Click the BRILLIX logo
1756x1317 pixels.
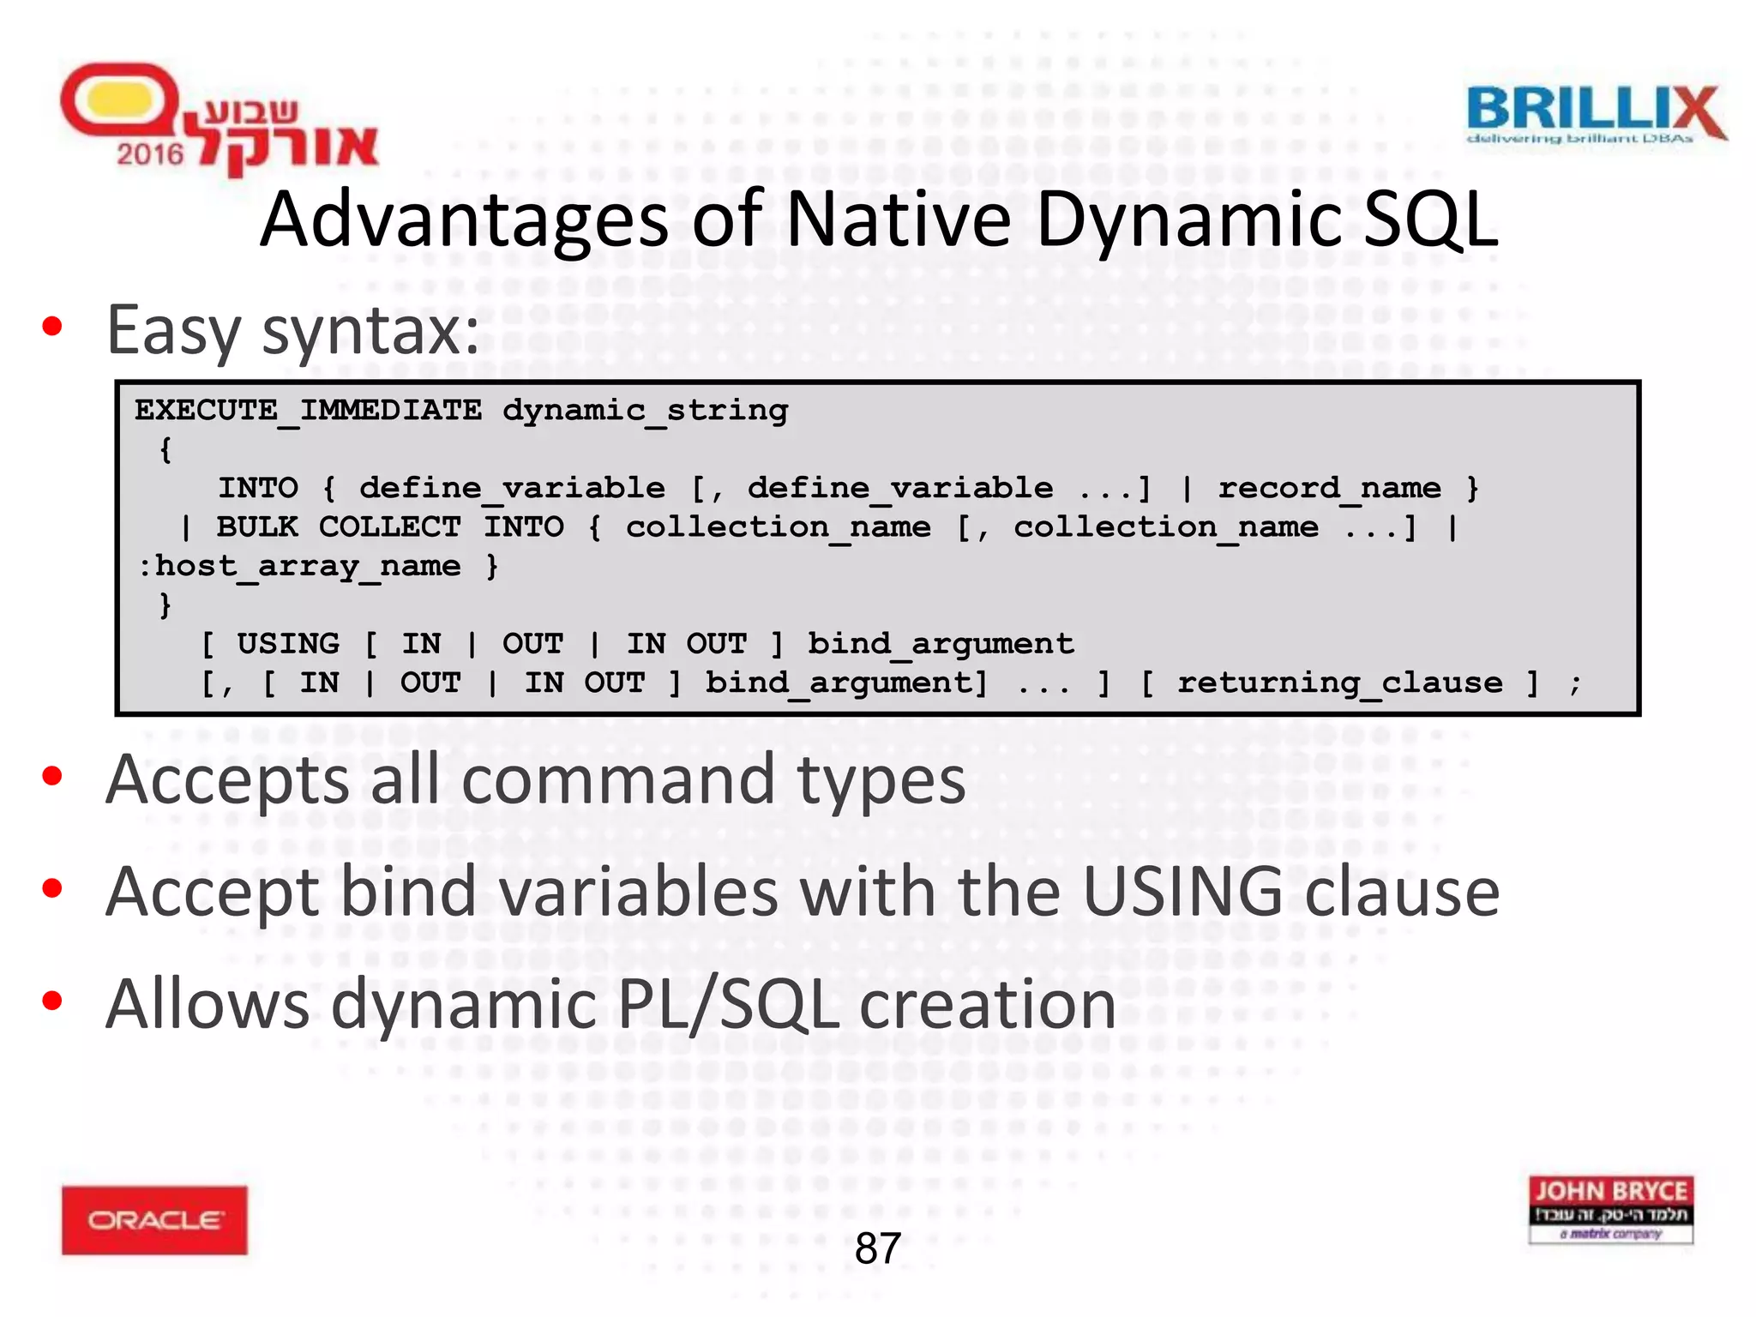click(x=1596, y=114)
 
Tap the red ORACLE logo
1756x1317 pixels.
click(x=154, y=1219)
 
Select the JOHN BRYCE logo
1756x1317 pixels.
click(x=1610, y=1209)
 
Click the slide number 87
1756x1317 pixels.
click(x=877, y=1248)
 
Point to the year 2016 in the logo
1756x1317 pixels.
click(x=150, y=154)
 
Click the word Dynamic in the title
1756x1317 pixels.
click(x=1188, y=221)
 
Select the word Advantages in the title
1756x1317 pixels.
click(x=464, y=221)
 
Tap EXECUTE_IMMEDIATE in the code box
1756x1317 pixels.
click(x=308, y=411)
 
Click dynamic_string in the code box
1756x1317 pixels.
click(x=645, y=411)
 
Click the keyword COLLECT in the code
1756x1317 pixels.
click(x=389, y=526)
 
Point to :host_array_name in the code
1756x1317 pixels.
click(x=300, y=566)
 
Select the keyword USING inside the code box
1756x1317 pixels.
click(x=288, y=643)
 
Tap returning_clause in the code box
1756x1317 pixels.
click(x=1339, y=683)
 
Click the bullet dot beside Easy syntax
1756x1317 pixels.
click(x=52, y=327)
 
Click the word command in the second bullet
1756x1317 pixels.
click(x=618, y=780)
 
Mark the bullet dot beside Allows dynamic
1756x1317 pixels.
click(x=52, y=1001)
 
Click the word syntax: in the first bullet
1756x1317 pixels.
click(x=370, y=331)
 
